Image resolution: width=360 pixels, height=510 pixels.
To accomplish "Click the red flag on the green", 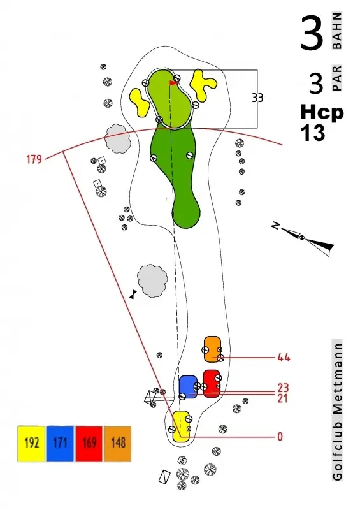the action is pos(174,83).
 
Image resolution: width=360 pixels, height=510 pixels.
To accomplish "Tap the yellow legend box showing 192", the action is pos(31,443).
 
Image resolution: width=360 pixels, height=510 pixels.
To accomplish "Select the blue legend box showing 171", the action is pos(60,443).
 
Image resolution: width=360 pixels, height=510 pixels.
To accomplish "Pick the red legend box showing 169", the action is pos(89,443).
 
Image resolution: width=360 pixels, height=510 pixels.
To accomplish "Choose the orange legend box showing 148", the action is pos(118,443).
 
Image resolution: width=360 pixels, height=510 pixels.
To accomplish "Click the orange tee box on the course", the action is pos(213,349).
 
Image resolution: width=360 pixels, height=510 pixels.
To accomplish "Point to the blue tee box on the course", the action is pos(189,386).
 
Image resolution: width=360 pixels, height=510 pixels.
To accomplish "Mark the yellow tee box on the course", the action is pos(181,426).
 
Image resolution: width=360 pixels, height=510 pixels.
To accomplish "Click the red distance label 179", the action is pos(34,159).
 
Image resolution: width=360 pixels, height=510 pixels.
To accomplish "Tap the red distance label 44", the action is pos(284,358).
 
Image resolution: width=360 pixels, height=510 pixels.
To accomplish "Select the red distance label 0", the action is pos(280,437).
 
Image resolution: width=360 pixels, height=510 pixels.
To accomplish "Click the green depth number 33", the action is pos(257,98).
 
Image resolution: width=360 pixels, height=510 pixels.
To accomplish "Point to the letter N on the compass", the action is pos(276,225).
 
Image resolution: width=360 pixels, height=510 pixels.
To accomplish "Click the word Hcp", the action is pos(322,113).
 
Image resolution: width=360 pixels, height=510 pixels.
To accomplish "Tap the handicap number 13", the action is pos(313,133).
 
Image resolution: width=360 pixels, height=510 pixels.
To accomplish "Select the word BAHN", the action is pos(337,31).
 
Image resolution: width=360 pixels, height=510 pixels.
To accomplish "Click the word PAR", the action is pos(337,78).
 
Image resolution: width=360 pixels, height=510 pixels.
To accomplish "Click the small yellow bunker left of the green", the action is pos(139,103).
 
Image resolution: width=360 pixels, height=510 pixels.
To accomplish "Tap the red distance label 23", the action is pos(283,388).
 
